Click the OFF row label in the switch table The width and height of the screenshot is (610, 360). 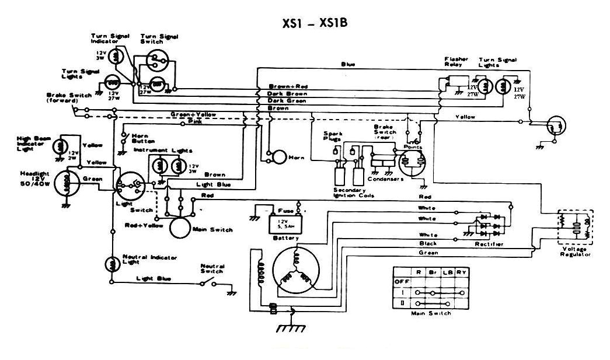pos(402,281)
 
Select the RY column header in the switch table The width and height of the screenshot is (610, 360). pos(461,272)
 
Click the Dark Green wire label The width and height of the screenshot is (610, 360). pos(287,100)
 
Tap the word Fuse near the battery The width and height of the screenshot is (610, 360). pos(285,210)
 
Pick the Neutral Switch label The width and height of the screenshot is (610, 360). pos(211,268)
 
